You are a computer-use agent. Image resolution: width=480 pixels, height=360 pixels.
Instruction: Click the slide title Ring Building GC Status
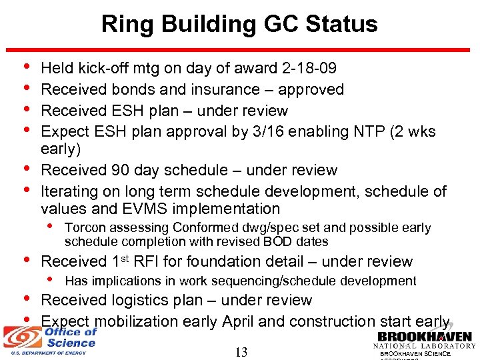point(239,25)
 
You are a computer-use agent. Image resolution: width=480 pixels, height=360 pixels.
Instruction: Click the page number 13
point(241,352)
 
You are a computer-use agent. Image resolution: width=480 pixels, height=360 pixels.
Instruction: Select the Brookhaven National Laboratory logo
point(424,339)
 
